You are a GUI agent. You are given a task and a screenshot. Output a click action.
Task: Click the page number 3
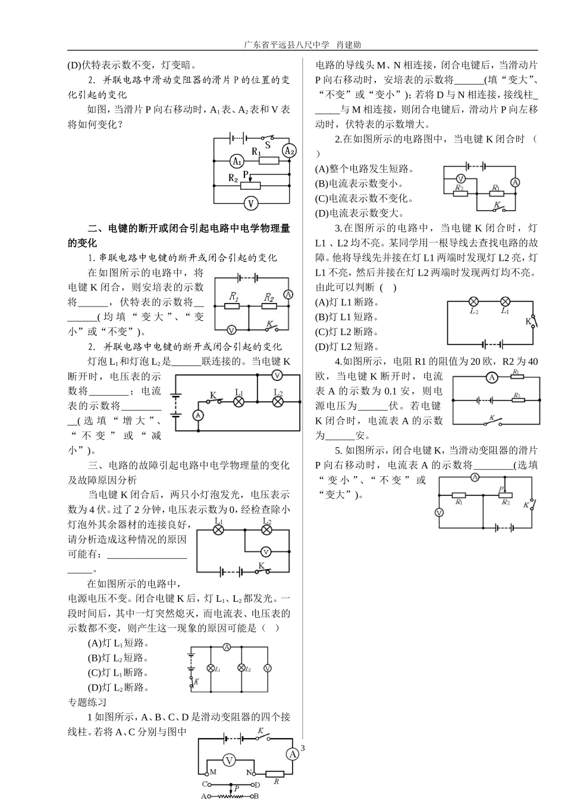click(x=302, y=748)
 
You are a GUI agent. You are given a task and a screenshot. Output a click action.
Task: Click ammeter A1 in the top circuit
click(x=236, y=161)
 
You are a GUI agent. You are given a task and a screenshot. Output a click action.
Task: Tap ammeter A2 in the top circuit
click(x=289, y=151)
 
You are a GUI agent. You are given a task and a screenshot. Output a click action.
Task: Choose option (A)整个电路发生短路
click(x=365, y=169)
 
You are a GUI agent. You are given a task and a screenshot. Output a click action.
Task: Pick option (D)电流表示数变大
click(x=360, y=213)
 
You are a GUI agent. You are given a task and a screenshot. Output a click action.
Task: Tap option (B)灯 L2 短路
click(x=118, y=658)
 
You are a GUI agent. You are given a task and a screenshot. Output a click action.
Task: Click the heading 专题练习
click(x=87, y=702)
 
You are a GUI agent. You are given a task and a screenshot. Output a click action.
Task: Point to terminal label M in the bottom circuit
click(x=213, y=771)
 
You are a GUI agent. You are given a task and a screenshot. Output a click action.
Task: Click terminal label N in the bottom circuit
click(x=250, y=772)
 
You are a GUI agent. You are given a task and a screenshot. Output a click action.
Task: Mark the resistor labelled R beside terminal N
click(x=276, y=774)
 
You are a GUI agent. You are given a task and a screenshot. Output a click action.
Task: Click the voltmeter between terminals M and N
click(x=230, y=760)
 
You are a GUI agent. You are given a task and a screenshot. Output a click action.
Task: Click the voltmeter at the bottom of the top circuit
click(x=251, y=203)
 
